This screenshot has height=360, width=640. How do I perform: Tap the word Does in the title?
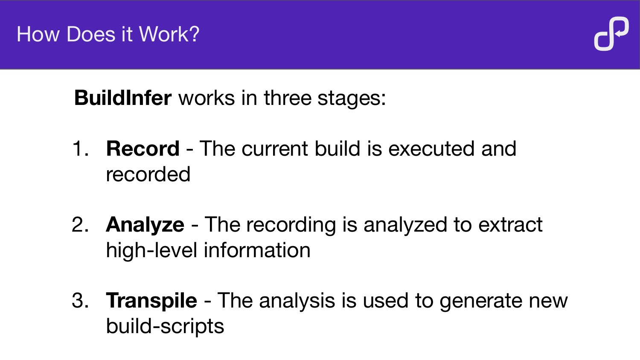(x=90, y=34)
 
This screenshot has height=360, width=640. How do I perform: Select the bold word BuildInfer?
(x=123, y=98)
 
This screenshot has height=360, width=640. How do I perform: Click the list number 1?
(x=80, y=148)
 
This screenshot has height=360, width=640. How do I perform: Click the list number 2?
(x=80, y=224)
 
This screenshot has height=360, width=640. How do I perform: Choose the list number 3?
(x=80, y=301)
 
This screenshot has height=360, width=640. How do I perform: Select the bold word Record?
(x=143, y=148)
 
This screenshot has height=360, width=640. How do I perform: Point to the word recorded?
(x=148, y=174)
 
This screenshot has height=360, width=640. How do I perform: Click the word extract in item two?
(x=510, y=224)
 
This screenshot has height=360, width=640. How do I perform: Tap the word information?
(x=257, y=250)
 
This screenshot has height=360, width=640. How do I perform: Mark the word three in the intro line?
(x=288, y=98)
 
